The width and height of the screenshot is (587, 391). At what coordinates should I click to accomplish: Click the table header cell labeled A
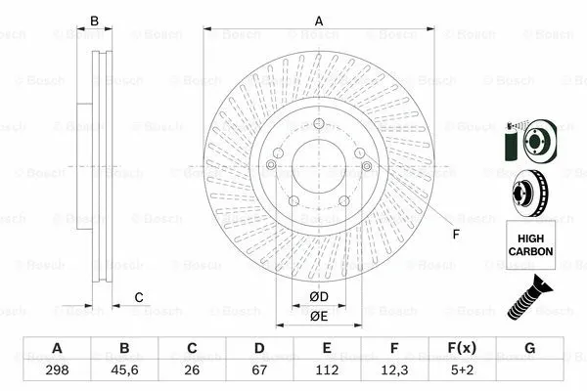point(57,349)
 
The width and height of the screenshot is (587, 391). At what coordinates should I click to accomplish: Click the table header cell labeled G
point(529,349)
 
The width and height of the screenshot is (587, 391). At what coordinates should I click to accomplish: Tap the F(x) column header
point(462,349)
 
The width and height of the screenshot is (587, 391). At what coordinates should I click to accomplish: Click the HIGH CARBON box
point(530,244)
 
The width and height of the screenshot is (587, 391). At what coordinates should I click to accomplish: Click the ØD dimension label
point(318,296)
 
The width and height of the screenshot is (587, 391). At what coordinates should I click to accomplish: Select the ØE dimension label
point(318,316)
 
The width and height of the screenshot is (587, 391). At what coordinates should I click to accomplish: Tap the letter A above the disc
point(318,22)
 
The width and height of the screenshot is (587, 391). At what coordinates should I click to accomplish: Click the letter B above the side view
point(95,22)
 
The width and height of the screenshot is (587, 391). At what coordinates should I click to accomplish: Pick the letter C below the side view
point(139,297)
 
